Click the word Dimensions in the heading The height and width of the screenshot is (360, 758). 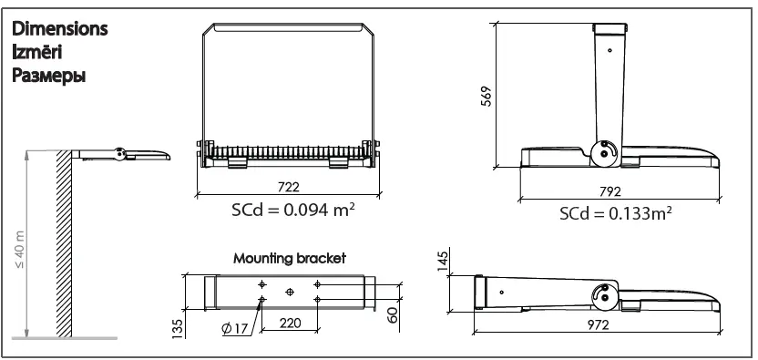click(x=59, y=29)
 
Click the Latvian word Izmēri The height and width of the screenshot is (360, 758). click(x=37, y=52)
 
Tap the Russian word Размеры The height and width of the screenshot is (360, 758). click(x=49, y=76)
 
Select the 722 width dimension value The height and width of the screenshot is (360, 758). click(x=289, y=187)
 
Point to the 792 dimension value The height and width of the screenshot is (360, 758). click(x=610, y=192)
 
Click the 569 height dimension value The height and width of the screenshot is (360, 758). click(x=487, y=96)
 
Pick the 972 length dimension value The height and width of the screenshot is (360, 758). click(x=598, y=325)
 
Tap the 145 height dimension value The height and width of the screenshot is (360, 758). click(x=443, y=260)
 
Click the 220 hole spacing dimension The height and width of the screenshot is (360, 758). click(x=290, y=324)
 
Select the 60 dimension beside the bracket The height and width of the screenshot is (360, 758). click(x=392, y=315)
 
